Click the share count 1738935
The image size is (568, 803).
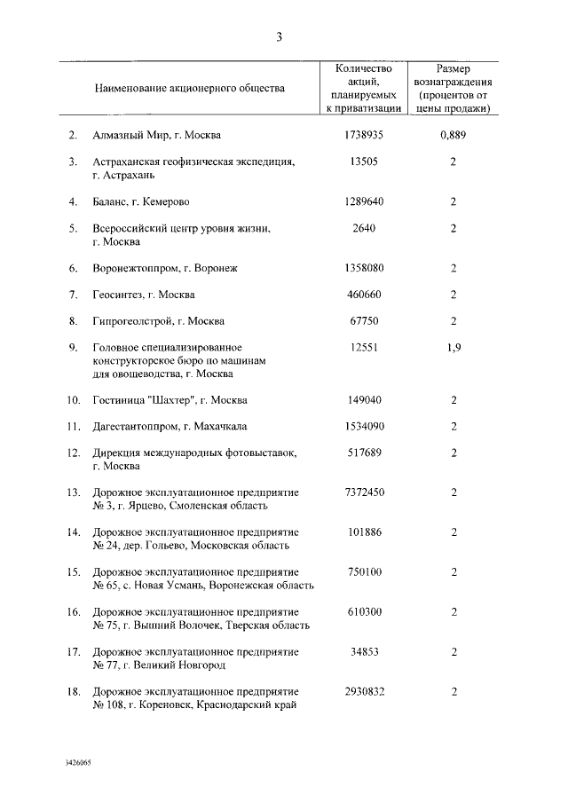click(364, 136)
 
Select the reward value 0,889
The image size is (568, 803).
click(453, 136)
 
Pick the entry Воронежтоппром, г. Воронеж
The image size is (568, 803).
click(166, 267)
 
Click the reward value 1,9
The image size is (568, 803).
click(453, 347)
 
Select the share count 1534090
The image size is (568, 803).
click(364, 426)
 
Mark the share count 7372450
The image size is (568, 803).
click(364, 492)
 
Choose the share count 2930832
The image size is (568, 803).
click(364, 690)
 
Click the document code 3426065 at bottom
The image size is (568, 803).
click(78, 761)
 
